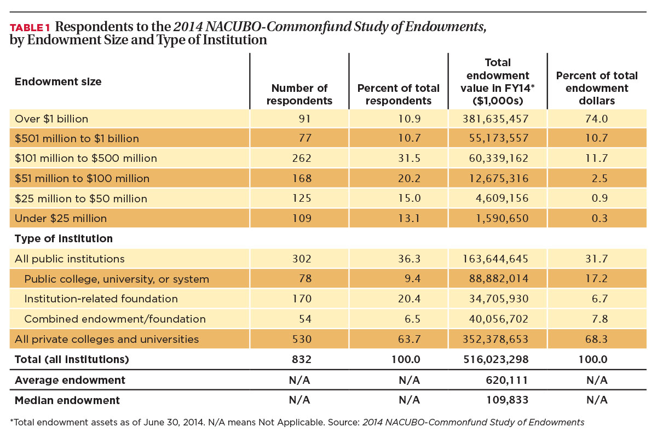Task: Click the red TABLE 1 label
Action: pos(30,28)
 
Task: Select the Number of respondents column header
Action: pos(299,94)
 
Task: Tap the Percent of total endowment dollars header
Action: pos(597,88)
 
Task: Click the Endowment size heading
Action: pos(58,81)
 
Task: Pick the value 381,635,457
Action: pos(495,119)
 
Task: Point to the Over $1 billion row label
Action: pos(51,119)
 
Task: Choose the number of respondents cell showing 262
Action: pos(302,158)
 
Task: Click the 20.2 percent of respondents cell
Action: pos(409,178)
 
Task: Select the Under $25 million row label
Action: pos(61,219)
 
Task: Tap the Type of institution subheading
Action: pos(64,239)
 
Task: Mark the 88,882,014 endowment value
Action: pos(499,278)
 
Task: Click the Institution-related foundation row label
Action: pos(101,299)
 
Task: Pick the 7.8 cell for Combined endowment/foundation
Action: pos(600,319)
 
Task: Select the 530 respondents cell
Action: pos(302,339)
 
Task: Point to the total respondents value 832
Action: pos(302,359)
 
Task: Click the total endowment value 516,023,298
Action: pos(496,359)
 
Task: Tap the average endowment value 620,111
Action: pos(507,380)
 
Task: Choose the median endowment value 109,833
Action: pos(508,400)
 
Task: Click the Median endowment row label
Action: pos(67,400)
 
